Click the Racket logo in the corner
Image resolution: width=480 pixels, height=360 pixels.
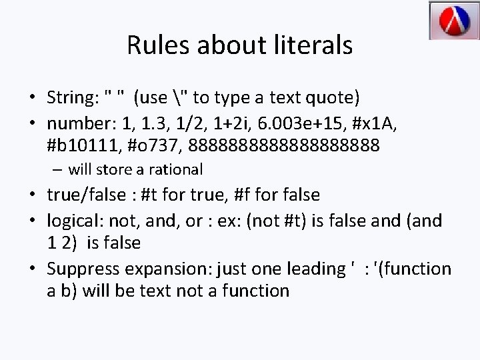[x=449, y=21]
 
